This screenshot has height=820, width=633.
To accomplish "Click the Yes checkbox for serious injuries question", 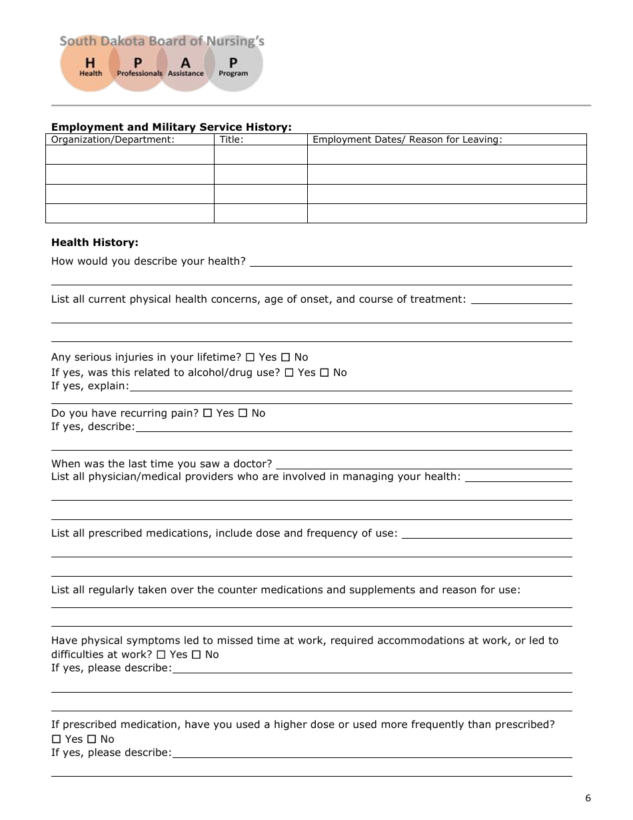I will point(250,357).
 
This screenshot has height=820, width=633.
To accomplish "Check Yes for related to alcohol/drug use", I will point(289,373).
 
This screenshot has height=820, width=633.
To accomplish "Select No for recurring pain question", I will point(243,413).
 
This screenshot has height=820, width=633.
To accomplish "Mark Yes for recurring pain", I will point(207,413).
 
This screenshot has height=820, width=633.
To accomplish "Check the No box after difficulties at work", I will point(196,655).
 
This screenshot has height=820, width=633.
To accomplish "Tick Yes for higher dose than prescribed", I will point(56,739).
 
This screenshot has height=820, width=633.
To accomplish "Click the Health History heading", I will point(95,243).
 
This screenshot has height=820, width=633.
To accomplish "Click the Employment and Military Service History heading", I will point(171,127).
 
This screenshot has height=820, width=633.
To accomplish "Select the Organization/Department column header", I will point(113,139).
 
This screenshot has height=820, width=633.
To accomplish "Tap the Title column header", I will point(231,139).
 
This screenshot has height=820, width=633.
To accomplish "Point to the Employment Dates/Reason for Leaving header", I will point(407,139).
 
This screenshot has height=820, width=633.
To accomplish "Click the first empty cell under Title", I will point(260,155).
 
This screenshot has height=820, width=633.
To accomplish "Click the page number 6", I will point(588,798).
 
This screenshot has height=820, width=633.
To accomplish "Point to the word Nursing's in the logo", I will point(235,41).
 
